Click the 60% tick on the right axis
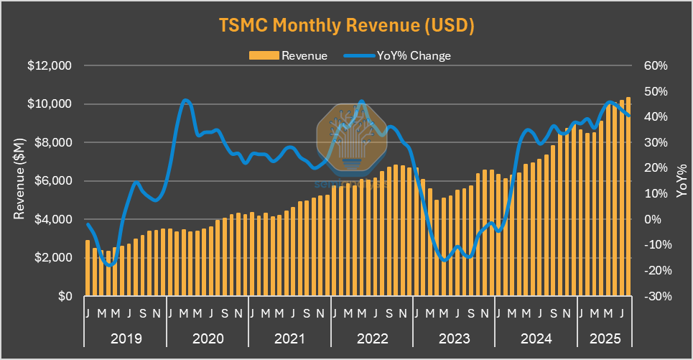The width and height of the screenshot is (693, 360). coord(656,66)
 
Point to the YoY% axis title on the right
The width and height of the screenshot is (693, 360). coord(680,181)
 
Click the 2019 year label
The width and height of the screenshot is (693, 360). coord(125,338)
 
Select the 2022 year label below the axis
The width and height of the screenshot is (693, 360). coord(372,338)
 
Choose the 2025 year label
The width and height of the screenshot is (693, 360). coord(605,338)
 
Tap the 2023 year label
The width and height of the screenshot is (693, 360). coord(455,338)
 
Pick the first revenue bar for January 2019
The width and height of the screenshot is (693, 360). coord(88,267)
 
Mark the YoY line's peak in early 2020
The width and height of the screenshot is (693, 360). coord(186,100)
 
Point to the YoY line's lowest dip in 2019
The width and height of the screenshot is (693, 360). coord(109,265)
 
